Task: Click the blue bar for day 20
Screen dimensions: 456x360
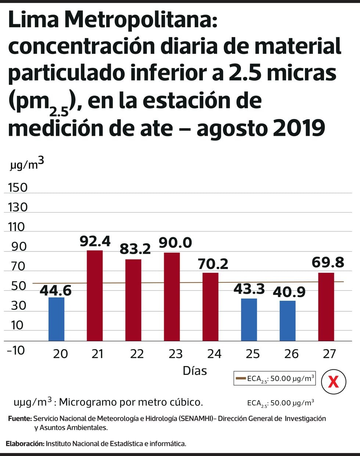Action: (56, 319)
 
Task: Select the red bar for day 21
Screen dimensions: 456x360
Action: (95, 296)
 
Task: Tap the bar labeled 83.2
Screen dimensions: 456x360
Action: (133, 300)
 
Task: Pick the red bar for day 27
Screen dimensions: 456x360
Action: (326, 307)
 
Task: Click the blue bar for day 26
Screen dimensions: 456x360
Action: (287, 321)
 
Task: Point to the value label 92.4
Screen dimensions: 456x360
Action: (95, 241)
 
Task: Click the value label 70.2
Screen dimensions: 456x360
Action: (213, 264)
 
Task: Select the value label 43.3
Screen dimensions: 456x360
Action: (249, 289)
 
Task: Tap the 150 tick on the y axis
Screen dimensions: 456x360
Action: (18, 188)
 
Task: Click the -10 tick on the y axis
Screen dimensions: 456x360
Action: (15, 350)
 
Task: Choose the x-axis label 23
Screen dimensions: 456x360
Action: (176, 354)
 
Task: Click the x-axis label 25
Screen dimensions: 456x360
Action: (253, 354)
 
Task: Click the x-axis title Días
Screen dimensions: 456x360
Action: (195, 370)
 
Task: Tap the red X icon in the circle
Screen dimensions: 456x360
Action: (333, 382)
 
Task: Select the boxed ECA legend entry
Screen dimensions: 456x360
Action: (275, 378)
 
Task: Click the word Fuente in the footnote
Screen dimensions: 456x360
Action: (19, 419)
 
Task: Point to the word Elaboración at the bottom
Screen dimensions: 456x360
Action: (25, 444)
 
